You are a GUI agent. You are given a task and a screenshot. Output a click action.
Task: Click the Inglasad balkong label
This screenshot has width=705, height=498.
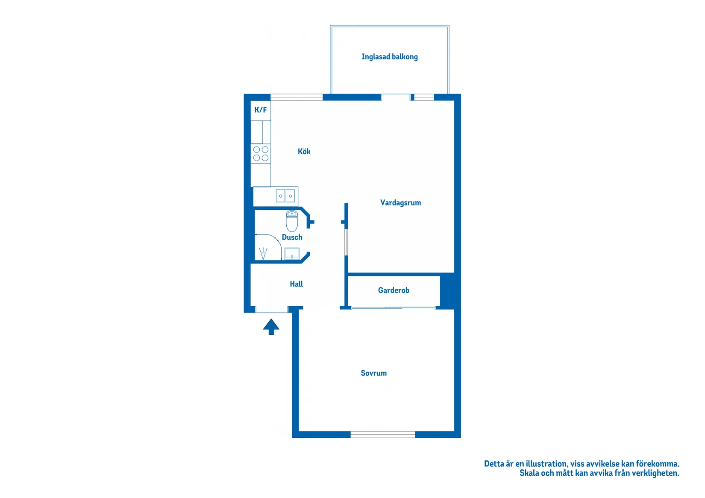pos(389,57)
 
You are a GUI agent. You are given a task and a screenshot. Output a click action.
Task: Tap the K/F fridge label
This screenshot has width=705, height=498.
pos(260,110)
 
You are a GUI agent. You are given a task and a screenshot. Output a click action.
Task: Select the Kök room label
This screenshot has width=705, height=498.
pos(304,152)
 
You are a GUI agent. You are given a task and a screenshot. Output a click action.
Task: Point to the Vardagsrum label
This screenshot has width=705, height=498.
pos(400,203)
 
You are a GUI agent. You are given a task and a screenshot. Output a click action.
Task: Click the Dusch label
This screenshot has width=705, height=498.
pos(292,237)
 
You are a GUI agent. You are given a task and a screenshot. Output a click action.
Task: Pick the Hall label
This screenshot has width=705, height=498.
pos(296,284)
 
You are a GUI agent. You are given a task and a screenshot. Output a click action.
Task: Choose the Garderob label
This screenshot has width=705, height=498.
pos(394,290)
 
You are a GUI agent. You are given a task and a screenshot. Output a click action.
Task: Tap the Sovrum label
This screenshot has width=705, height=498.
pos(373,373)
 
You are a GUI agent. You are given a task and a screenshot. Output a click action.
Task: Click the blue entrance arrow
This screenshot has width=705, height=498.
pos(271,327)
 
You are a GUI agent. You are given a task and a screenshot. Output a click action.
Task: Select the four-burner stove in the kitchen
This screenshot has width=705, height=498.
pos(261,154)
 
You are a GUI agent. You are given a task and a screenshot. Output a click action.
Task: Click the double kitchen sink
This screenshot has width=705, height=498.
pos(285,196)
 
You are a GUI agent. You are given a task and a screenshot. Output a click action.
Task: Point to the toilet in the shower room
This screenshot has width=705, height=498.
pos(292,221)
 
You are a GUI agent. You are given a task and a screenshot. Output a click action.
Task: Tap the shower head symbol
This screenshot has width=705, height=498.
pos(263,253)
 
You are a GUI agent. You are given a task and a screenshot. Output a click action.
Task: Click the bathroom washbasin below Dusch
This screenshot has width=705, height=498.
pos(292,254)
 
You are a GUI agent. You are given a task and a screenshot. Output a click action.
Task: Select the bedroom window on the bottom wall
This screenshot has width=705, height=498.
pos(383,434)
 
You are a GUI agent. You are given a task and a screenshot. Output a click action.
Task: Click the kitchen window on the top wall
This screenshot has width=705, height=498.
pos(297,97)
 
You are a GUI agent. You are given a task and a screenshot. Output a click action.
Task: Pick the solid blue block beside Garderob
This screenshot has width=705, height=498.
pos(447,290)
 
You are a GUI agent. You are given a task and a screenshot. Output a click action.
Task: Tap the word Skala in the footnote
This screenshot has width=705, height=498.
pos(529,473)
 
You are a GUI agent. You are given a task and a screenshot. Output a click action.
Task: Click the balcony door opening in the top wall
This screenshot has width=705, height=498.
pos(395,97)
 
